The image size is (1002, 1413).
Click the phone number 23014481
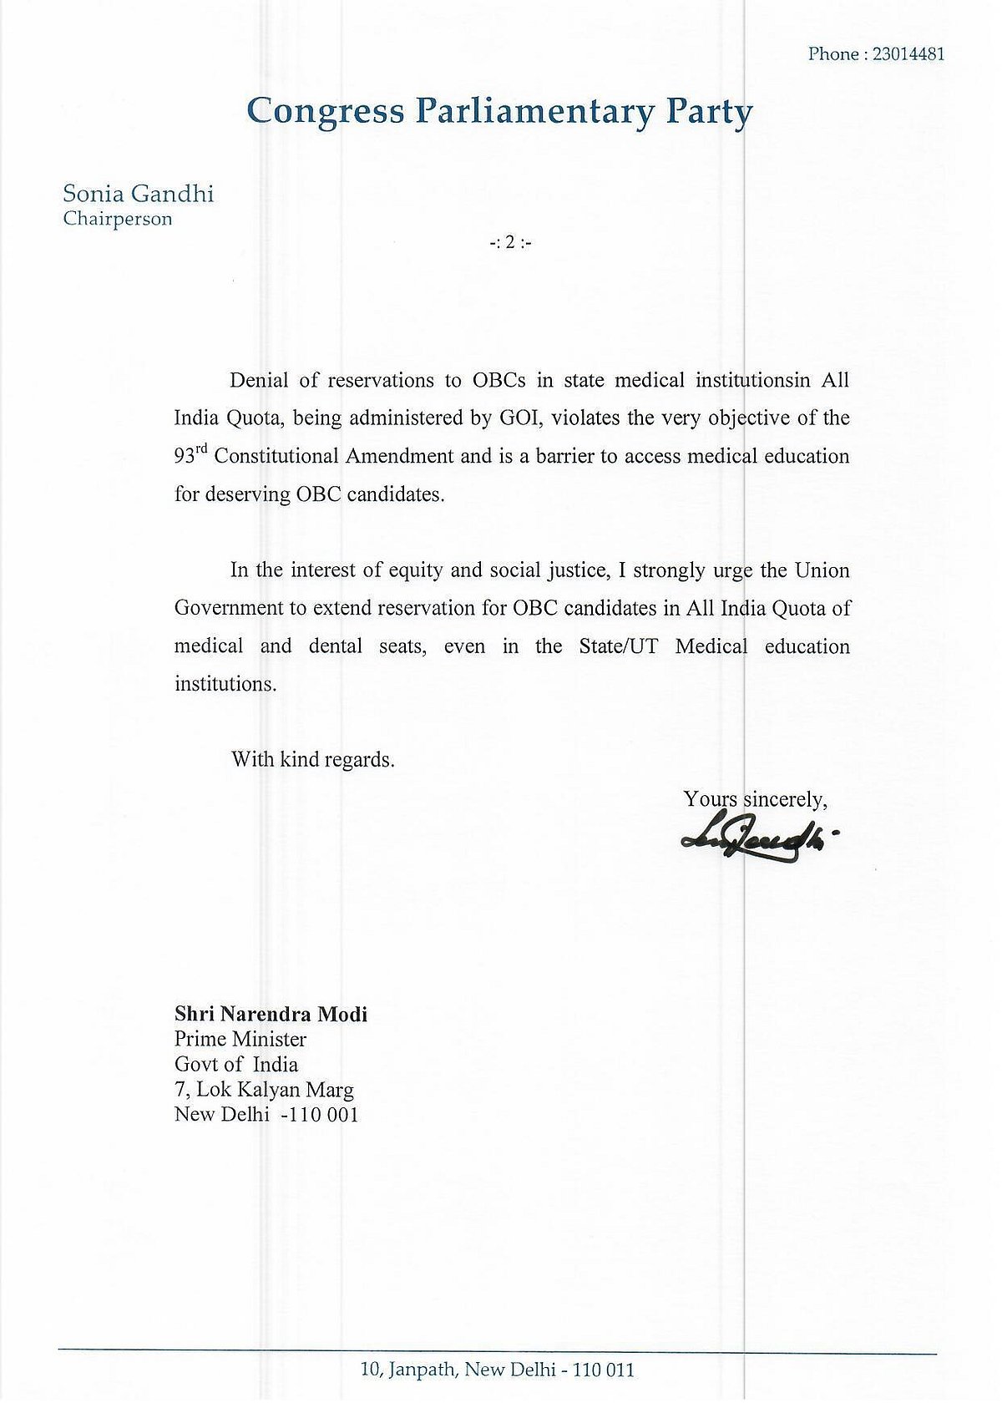coord(908,54)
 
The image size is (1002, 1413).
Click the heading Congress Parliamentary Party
coord(500,111)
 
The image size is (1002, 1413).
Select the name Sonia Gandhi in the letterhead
coord(139,194)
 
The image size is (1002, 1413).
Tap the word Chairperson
coord(118,219)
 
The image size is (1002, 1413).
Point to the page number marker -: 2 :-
coord(510,244)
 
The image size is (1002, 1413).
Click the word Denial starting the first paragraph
coord(259,381)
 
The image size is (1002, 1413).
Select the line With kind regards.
coord(312,760)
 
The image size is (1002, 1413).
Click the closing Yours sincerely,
coord(756,799)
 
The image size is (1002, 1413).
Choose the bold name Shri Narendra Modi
coord(271,1014)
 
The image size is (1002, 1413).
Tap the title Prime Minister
coord(240,1039)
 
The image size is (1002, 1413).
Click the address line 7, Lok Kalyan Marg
coord(264,1089)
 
